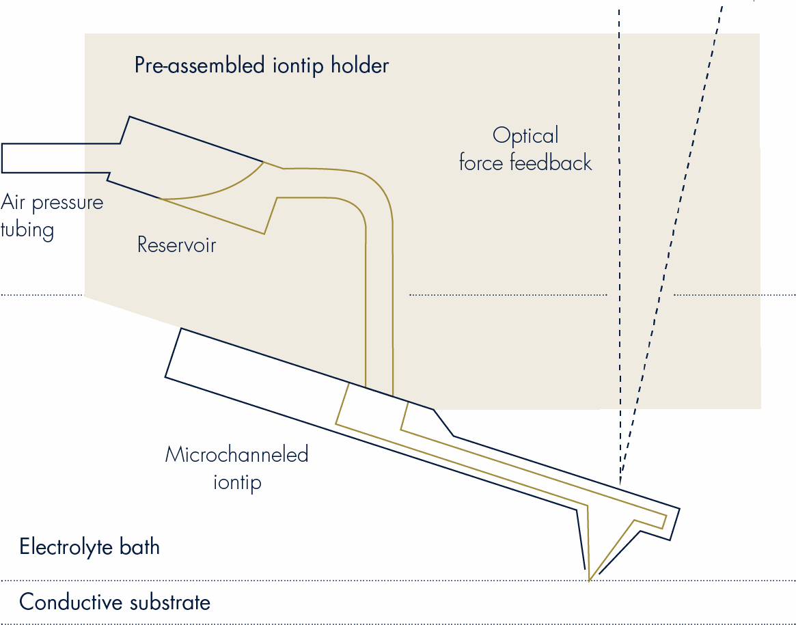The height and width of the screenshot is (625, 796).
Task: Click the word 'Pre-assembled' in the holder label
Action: [x=200, y=66]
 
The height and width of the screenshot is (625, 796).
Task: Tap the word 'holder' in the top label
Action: [x=360, y=65]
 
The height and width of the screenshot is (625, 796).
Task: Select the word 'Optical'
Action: [x=525, y=136]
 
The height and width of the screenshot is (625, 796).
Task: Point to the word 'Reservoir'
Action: [x=177, y=245]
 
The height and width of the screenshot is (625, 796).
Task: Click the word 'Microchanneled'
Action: [x=236, y=454]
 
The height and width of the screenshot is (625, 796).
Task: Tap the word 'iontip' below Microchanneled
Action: [x=237, y=482]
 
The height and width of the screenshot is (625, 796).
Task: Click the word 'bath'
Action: [x=139, y=547]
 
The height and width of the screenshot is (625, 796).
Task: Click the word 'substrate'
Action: [x=170, y=602]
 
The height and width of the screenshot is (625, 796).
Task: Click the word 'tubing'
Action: [x=27, y=230]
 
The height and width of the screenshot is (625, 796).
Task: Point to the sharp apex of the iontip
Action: [x=589, y=580]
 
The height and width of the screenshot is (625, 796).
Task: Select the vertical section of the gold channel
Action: [x=379, y=305]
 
